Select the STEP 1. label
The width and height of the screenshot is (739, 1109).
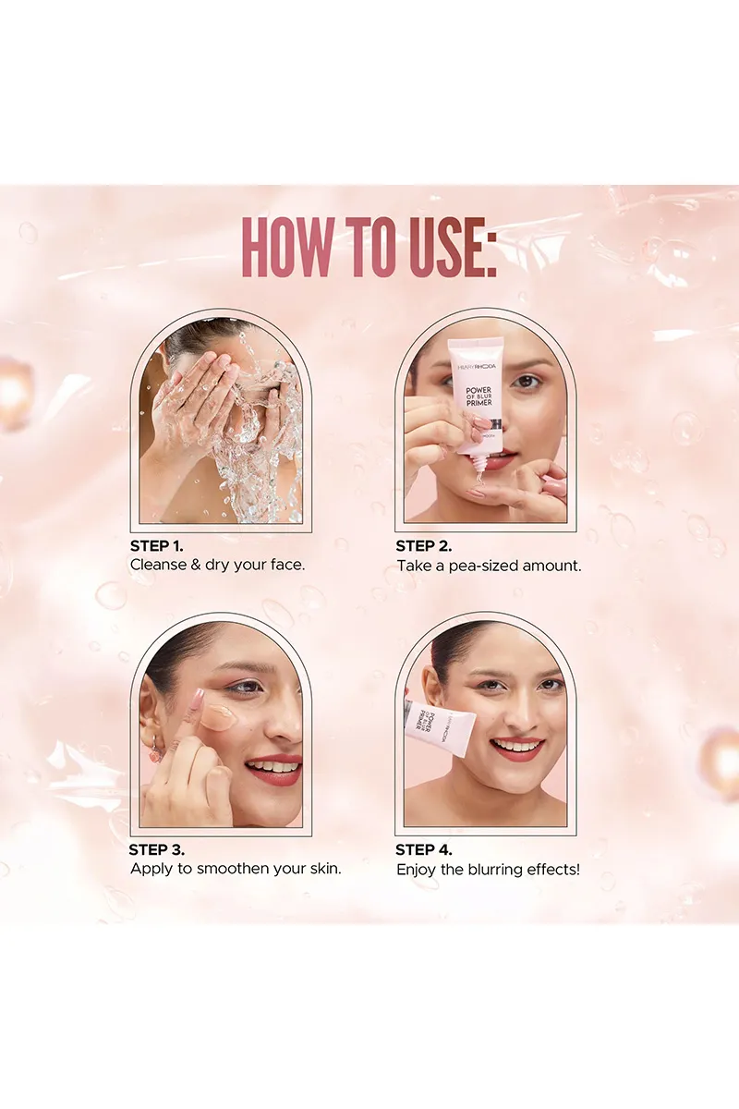tap(157, 546)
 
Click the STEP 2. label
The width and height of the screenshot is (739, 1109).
tap(424, 546)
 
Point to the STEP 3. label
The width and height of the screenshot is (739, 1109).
tap(157, 849)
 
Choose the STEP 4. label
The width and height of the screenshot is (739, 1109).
tap(424, 849)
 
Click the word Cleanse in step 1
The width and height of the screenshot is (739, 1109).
tap(158, 565)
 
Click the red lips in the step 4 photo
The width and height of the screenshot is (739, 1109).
tap(516, 747)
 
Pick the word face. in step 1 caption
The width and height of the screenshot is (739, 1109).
tap(283, 565)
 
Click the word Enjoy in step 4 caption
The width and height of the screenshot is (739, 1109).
tap(417, 870)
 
